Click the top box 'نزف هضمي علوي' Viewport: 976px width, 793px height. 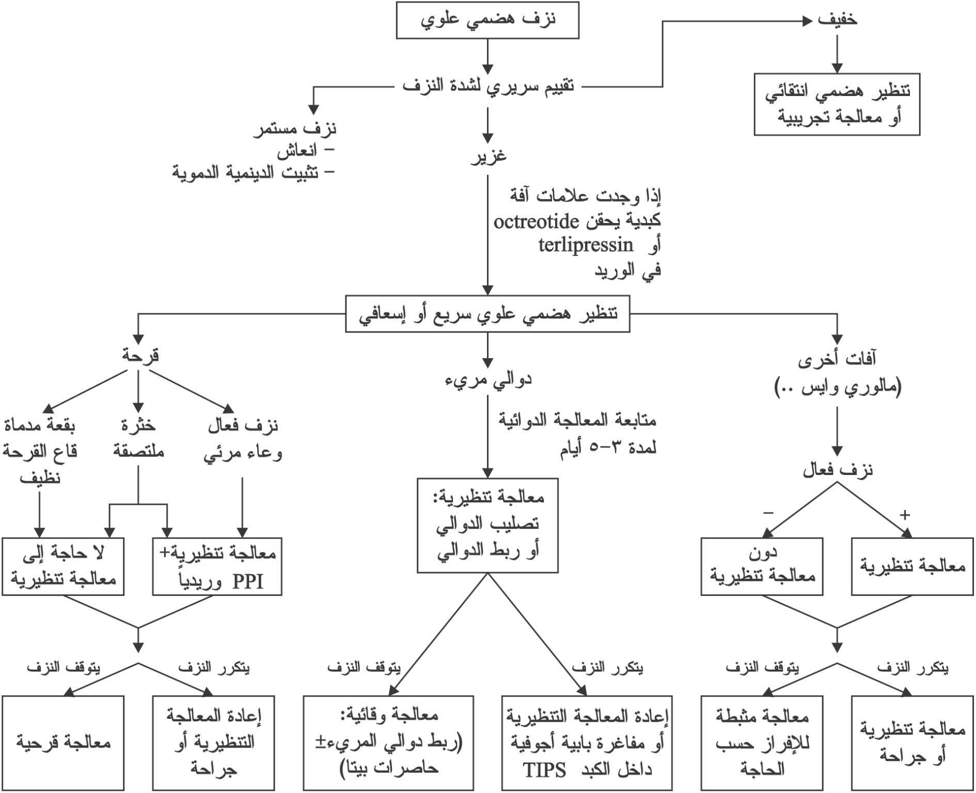pyautogui.click(x=487, y=20)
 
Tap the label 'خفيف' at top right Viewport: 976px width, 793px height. pyautogui.click(x=837, y=20)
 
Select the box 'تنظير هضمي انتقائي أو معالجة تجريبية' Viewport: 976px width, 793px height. pyautogui.click(x=837, y=104)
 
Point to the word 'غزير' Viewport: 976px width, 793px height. pyautogui.click(x=488, y=155)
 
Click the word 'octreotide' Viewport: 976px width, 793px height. pyautogui.click(x=535, y=222)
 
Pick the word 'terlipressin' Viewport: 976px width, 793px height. pyautogui.click(x=586, y=245)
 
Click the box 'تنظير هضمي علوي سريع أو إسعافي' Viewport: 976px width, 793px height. pyautogui.click(x=487, y=313)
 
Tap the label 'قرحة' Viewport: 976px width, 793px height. pyautogui.click(x=140, y=355)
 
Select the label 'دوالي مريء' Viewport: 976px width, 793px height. pyautogui.click(x=488, y=380)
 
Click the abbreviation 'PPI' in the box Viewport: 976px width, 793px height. pyautogui.click(x=248, y=582)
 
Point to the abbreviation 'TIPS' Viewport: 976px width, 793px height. pyautogui.click(x=545, y=770)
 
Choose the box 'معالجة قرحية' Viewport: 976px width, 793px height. pyautogui.click(x=63, y=743)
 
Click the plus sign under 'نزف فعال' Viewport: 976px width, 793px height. pyautogui.click(x=904, y=515)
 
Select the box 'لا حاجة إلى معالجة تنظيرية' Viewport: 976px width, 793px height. pyautogui.click(x=63, y=566)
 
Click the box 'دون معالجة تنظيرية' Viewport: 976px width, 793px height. pyautogui.click(x=762, y=566)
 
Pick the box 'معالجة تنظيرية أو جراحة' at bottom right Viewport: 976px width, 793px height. pyautogui.click(x=912, y=743)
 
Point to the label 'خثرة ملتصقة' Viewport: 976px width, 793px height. pyautogui.click(x=138, y=439)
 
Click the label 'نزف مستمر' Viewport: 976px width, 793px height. pyautogui.click(x=295, y=129)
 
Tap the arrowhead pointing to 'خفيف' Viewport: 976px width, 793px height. pyautogui.click(x=807, y=21)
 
